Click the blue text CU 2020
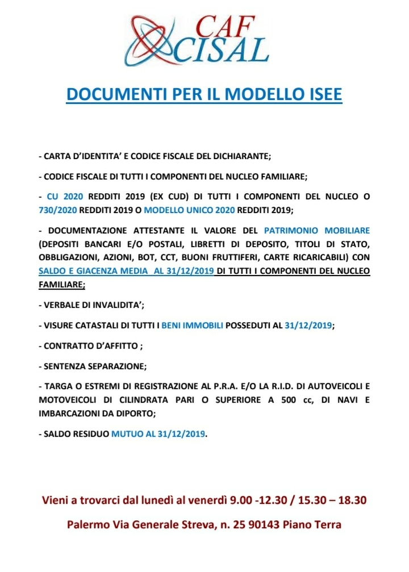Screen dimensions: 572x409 [x=65, y=197]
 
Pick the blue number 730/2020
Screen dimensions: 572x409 [x=60, y=209]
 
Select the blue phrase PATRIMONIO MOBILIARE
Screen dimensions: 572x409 [x=317, y=231]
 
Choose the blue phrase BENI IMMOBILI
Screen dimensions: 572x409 [x=193, y=325]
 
